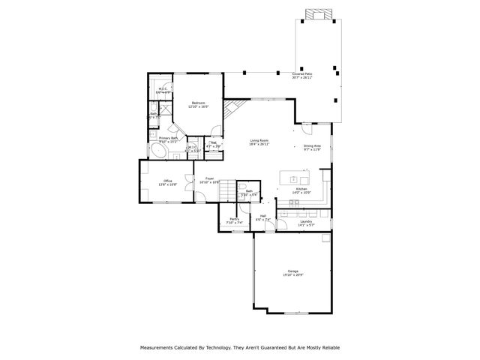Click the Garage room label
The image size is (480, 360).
tap(293, 271)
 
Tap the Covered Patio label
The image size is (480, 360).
tap(302, 74)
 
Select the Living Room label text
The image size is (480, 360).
tap(259, 140)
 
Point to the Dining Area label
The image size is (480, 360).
tap(312, 146)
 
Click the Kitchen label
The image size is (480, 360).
tap(301, 188)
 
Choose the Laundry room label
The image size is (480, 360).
tap(305, 221)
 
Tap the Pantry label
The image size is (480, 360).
tap(235, 219)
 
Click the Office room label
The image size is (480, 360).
tap(168, 181)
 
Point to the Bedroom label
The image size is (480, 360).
tap(198, 103)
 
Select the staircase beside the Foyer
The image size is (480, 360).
tap(226, 193)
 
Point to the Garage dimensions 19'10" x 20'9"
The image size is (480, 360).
tap(293, 274)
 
